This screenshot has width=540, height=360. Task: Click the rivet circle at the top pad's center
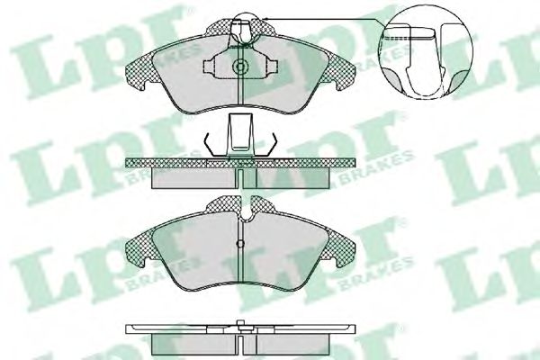pos(240,66)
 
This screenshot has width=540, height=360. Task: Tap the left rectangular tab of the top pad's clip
pos(208,66)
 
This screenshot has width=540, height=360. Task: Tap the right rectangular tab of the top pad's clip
pos(274,66)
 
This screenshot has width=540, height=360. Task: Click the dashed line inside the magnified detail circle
pos(407,37)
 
